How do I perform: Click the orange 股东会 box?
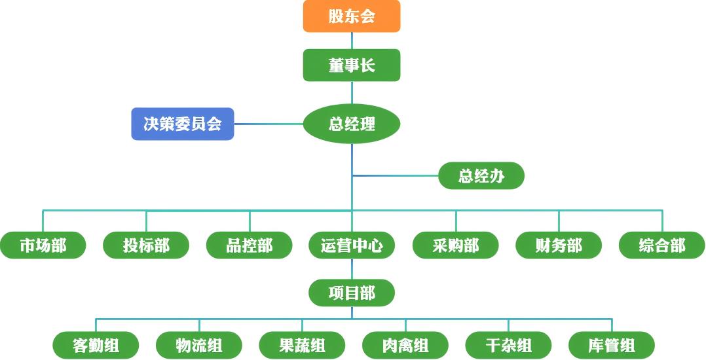coord(352,16)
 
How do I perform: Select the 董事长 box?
coord(352,65)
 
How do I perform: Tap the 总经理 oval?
coord(352,124)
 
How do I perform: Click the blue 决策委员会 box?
coord(183,124)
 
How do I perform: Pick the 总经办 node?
coord(481,176)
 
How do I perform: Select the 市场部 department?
coord(43,245)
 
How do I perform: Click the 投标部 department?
coord(146,245)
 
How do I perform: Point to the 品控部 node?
coord(249,245)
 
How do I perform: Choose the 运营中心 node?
coord(352,245)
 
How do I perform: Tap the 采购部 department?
coord(455,245)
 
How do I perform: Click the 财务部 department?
coord(559,245)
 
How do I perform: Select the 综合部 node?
coord(661,245)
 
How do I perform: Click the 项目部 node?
coord(352,293)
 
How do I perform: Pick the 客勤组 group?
coord(96,345)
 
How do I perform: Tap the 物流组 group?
coord(199,345)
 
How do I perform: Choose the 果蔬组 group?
coord(302,345)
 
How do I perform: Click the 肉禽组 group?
coord(405,345)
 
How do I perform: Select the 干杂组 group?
coord(508,345)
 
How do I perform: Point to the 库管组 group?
coord(612,345)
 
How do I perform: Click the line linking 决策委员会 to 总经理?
coord(269,124)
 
